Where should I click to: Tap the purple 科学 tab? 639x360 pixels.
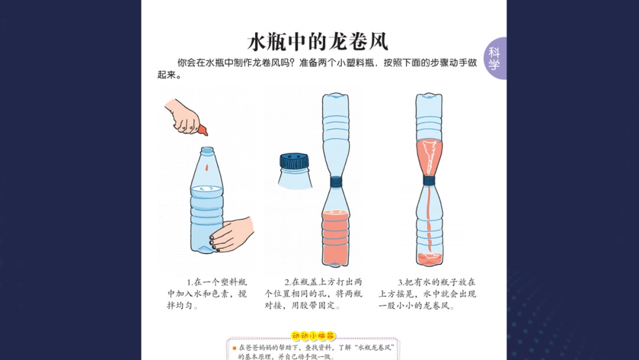pyautogui.click(x=495, y=59)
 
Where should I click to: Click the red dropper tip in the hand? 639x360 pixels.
pyautogui.click(x=203, y=128)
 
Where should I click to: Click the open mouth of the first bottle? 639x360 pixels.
pyautogui.click(x=206, y=150)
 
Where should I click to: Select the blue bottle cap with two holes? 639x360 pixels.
pyautogui.click(x=294, y=160)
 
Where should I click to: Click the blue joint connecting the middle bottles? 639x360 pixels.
pyautogui.click(x=336, y=181)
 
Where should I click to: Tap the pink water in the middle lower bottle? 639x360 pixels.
pyautogui.click(x=336, y=237)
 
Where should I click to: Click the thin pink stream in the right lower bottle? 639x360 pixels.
pyautogui.click(x=430, y=219)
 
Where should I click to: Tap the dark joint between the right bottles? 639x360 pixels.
pyautogui.click(x=430, y=181)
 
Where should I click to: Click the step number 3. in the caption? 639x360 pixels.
pyautogui.click(x=401, y=282)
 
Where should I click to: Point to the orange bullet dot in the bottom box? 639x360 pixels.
pyautogui.click(x=235, y=348)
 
